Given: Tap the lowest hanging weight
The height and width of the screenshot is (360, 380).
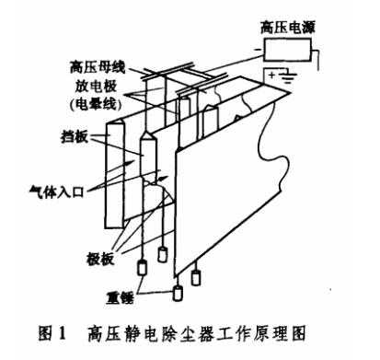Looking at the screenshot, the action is [178, 295].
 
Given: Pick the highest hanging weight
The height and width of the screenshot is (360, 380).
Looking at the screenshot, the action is [165, 250].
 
